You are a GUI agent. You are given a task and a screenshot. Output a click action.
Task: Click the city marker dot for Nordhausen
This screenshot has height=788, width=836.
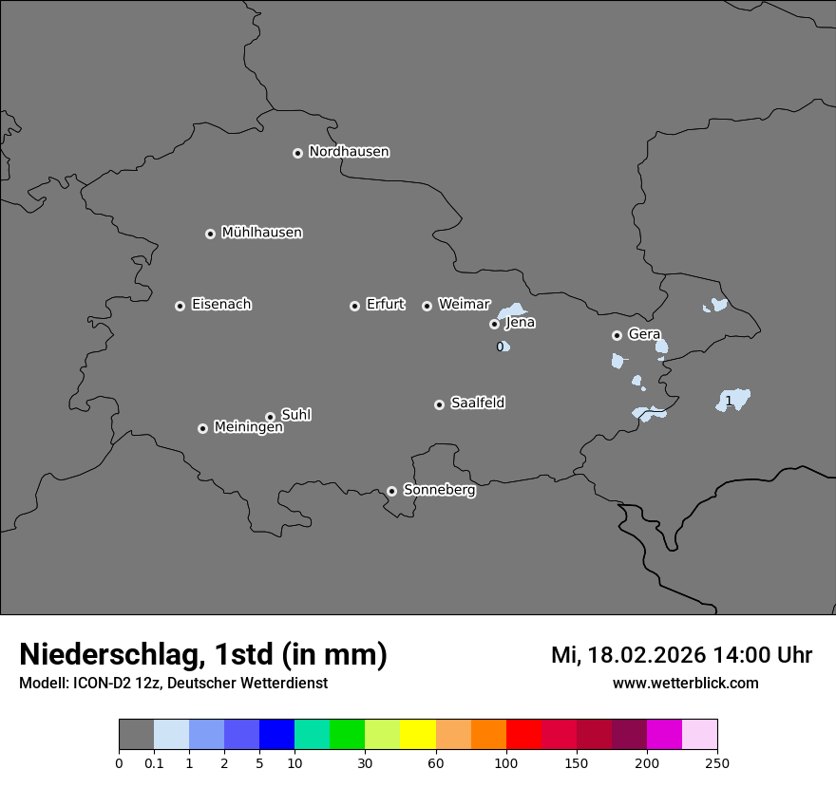[297, 153]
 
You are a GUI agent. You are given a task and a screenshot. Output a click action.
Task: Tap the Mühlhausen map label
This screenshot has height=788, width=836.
[261, 233]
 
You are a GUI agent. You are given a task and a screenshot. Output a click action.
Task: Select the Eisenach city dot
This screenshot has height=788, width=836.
[180, 306]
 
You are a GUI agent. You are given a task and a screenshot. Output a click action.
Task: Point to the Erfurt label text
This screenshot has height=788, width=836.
[385, 305]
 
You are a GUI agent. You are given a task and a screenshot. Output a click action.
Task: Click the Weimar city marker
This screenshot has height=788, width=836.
[427, 306]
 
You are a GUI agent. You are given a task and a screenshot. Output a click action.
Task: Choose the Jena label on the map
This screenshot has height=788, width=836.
[520, 323]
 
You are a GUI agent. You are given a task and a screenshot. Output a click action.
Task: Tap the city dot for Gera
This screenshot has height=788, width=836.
[617, 335]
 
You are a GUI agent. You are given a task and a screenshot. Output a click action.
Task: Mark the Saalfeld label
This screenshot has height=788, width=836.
[477, 403]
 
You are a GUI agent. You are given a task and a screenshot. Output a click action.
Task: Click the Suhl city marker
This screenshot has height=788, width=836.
[270, 417]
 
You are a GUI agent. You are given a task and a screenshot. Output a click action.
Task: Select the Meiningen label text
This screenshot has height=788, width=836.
[248, 428]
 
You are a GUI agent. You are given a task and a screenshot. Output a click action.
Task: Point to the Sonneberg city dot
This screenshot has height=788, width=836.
[391, 491]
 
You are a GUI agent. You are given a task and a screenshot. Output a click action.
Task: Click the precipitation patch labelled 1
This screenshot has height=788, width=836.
[733, 400]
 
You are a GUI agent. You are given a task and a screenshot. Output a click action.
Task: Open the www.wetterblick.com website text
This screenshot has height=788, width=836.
[685, 684]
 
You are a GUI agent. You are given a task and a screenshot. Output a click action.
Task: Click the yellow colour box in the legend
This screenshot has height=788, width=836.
[418, 735]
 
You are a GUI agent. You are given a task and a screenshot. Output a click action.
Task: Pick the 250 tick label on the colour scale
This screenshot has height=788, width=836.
[717, 763]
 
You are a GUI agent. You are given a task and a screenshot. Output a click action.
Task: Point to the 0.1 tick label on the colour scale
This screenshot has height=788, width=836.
[154, 763]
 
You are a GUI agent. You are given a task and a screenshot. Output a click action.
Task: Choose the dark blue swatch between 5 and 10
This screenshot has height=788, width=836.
[276, 735]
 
